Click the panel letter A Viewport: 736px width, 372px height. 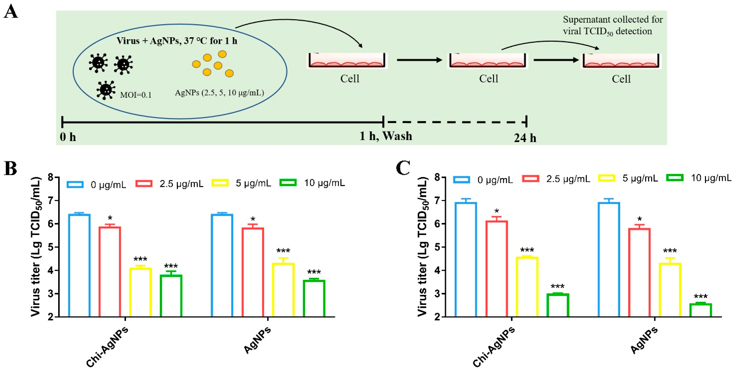(11, 12)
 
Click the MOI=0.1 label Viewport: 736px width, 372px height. (136, 95)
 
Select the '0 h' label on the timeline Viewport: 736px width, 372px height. (68, 137)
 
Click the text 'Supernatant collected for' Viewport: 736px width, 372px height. (613, 19)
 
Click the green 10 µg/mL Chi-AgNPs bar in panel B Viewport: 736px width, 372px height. (171, 295)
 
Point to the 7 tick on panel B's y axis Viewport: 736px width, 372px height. (51, 200)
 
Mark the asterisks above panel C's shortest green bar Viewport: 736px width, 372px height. (700, 297)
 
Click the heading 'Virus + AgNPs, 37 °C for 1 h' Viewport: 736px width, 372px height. (177, 41)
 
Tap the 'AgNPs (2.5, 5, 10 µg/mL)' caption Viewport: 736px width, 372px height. (219, 93)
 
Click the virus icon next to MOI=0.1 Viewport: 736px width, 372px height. (106, 90)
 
